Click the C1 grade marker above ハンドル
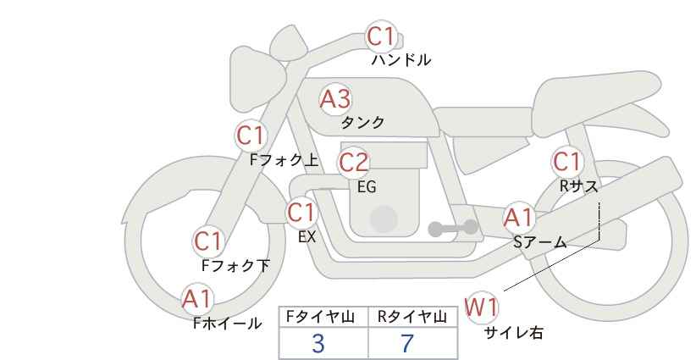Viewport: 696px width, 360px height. tap(381, 36)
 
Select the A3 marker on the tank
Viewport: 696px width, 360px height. tap(335, 99)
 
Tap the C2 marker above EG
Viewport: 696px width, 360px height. tap(353, 162)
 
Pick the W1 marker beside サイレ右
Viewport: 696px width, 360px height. tap(481, 307)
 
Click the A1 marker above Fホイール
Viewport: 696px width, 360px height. tap(196, 299)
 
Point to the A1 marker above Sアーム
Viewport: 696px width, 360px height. tap(518, 218)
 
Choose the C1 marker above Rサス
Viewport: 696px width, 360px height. tap(566, 162)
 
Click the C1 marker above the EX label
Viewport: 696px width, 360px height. tap(301, 213)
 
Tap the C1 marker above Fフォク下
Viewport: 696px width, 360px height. tap(207, 242)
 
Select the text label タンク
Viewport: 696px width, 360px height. tap(362, 123)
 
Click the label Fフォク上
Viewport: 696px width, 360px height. tap(284, 160)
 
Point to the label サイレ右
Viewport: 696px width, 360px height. tap(514, 332)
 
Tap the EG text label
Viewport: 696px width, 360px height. tap(367, 187)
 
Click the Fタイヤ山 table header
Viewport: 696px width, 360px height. tap(320, 317)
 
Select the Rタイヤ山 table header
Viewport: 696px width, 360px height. tap(412, 317)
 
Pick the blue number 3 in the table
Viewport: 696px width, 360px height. tap(318, 343)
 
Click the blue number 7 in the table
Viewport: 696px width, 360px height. tap(407, 343)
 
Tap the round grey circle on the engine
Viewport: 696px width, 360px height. tap(384, 219)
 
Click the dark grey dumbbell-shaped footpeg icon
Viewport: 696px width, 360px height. tap(453, 228)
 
